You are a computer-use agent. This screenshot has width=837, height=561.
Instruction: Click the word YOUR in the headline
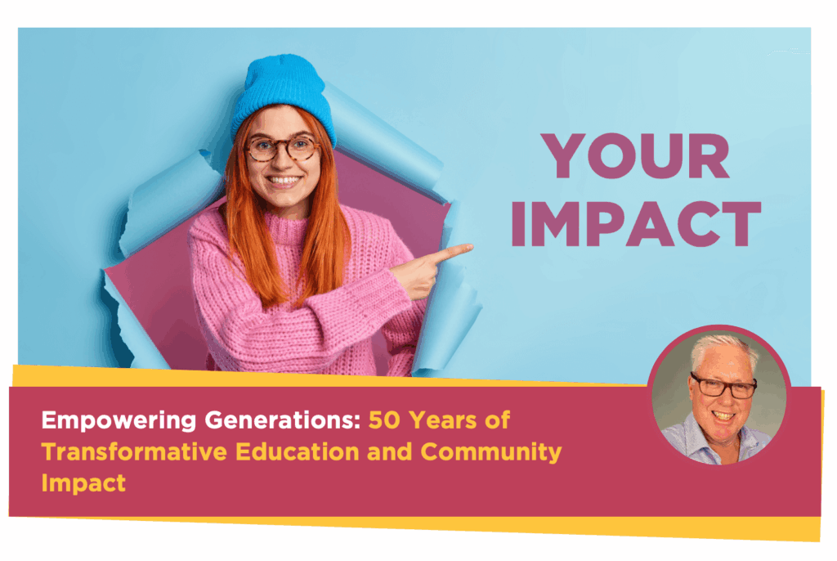(635, 155)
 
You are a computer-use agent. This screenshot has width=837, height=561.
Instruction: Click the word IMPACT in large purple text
(636, 224)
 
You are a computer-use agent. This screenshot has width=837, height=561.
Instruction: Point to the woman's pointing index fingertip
(470, 247)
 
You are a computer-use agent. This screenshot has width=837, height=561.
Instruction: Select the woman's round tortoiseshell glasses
(282, 148)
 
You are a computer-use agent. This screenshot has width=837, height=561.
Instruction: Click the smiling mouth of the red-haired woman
(284, 181)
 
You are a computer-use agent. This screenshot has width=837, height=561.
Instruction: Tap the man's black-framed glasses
(723, 386)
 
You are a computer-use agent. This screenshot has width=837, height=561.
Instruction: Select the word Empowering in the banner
(119, 421)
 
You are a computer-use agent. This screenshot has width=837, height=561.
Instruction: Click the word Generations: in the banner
(283, 420)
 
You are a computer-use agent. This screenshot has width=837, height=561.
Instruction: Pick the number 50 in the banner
(384, 420)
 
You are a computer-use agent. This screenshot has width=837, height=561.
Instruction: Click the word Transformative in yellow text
(135, 452)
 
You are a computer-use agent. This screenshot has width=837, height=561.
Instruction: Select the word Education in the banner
(298, 452)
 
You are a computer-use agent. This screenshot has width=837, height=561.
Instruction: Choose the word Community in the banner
(491, 453)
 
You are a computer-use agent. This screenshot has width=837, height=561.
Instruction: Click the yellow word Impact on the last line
(84, 483)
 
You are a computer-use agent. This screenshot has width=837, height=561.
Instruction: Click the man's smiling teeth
(724, 415)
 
